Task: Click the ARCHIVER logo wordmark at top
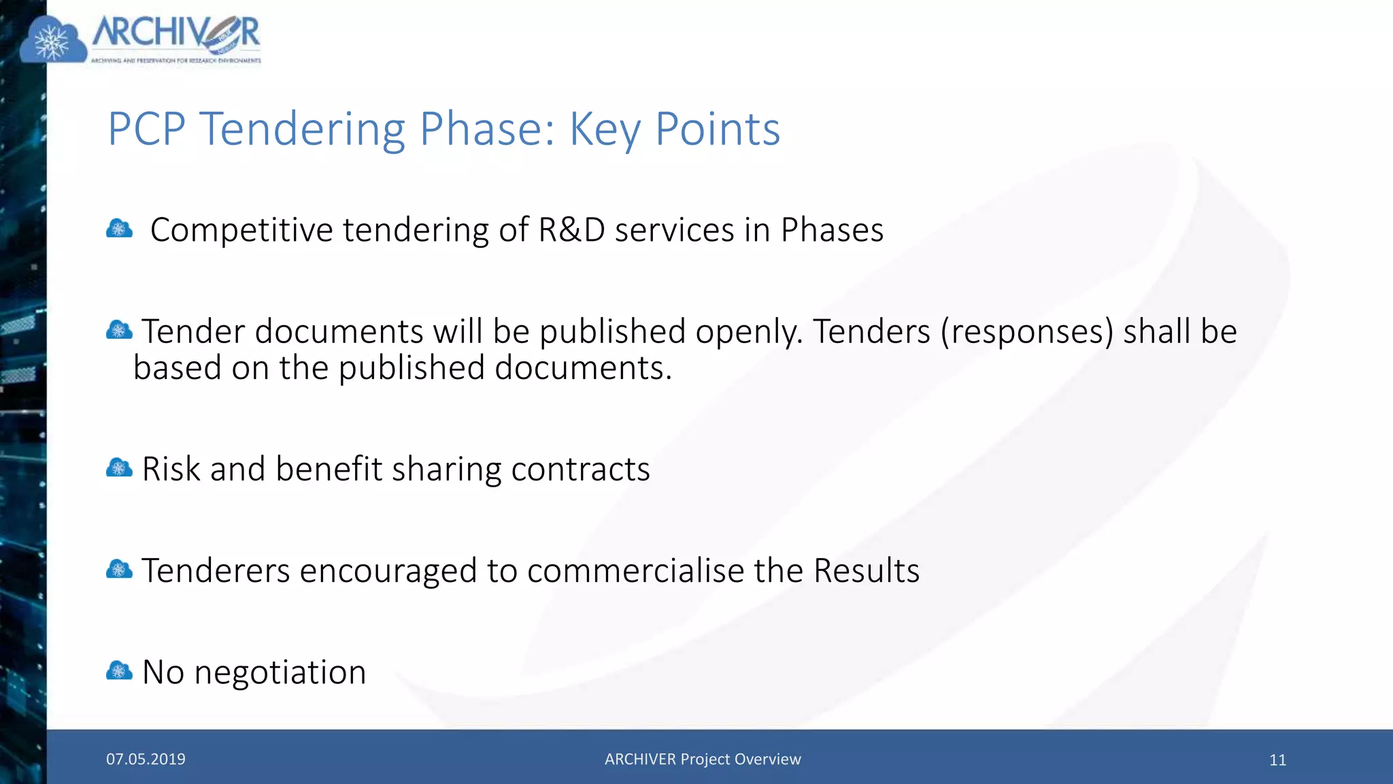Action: point(175,34)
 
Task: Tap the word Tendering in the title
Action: point(302,129)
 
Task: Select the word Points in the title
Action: point(717,129)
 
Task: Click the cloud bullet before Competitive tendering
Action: point(119,229)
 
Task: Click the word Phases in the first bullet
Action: point(832,230)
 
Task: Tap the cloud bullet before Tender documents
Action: point(119,331)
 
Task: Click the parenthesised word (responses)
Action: point(1027,332)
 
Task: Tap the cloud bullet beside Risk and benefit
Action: point(119,468)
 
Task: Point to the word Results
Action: point(867,570)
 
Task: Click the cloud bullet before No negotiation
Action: point(119,672)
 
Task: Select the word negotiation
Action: point(280,673)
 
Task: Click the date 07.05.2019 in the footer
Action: point(146,759)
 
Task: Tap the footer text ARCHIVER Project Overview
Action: point(703,759)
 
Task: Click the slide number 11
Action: point(1277,760)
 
